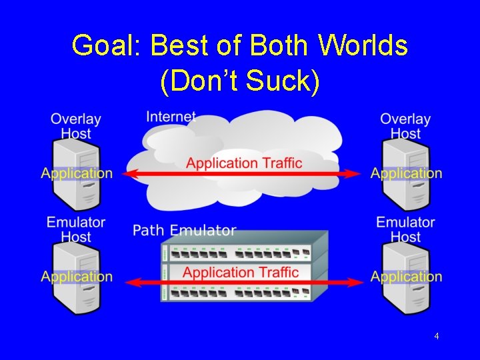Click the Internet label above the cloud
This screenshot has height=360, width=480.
coord(171,117)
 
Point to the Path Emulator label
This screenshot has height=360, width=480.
coord(185,231)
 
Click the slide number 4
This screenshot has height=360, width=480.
coord(436,336)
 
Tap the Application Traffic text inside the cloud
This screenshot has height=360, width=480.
coord(244,163)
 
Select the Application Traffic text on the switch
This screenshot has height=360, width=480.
coord(241,272)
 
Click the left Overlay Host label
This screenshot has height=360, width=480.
coord(76,126)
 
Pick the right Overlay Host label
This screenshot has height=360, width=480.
coord(405,126)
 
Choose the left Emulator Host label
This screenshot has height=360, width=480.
coord(76,229)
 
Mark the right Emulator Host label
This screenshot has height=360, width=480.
coord(405,229)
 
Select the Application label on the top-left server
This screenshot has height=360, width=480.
coord(77,173)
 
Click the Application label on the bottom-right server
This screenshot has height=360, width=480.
coord(407,277)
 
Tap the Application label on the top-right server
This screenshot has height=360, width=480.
coord(407,173)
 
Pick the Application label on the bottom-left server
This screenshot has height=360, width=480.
coord(77,277)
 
